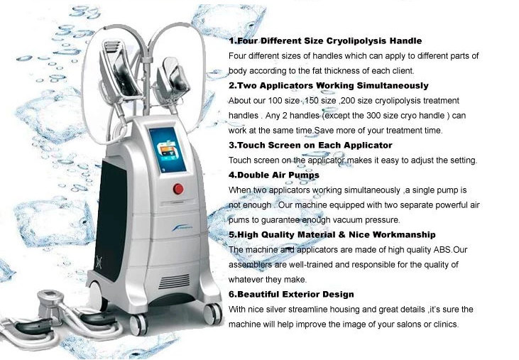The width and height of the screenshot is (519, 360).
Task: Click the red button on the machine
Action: (x=178, y=189)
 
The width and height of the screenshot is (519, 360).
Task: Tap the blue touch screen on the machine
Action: (x=168, y=151)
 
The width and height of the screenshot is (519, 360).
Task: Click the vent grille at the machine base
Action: (x=174, y=281)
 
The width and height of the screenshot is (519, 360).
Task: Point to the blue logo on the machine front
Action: (x=183, y=229)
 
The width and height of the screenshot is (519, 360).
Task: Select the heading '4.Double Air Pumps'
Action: (x=274, y=175)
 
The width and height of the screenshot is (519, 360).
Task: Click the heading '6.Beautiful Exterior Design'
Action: (x=291, y=294)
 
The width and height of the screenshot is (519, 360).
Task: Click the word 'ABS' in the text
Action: (x=442, y=249)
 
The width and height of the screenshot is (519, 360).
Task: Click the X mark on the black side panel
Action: (x=99, y=262)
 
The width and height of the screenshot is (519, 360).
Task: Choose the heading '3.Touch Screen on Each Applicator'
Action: (x=310, y=146)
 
